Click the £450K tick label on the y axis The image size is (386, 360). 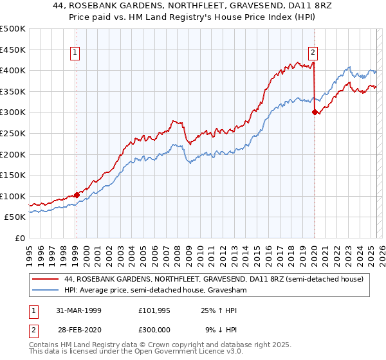pyautogui.click(x=13, y=50)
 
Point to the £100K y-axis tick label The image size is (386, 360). pyautogui.click(x=13, y=196)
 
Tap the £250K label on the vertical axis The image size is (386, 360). pyautogui.click(x=13, y=133)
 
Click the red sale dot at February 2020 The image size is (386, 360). pyautogui.click(x=315, y=112)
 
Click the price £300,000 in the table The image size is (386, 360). pyautogui.click(x=157, y=328)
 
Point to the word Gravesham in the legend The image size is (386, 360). pyautogui.click(x=229, y=291)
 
